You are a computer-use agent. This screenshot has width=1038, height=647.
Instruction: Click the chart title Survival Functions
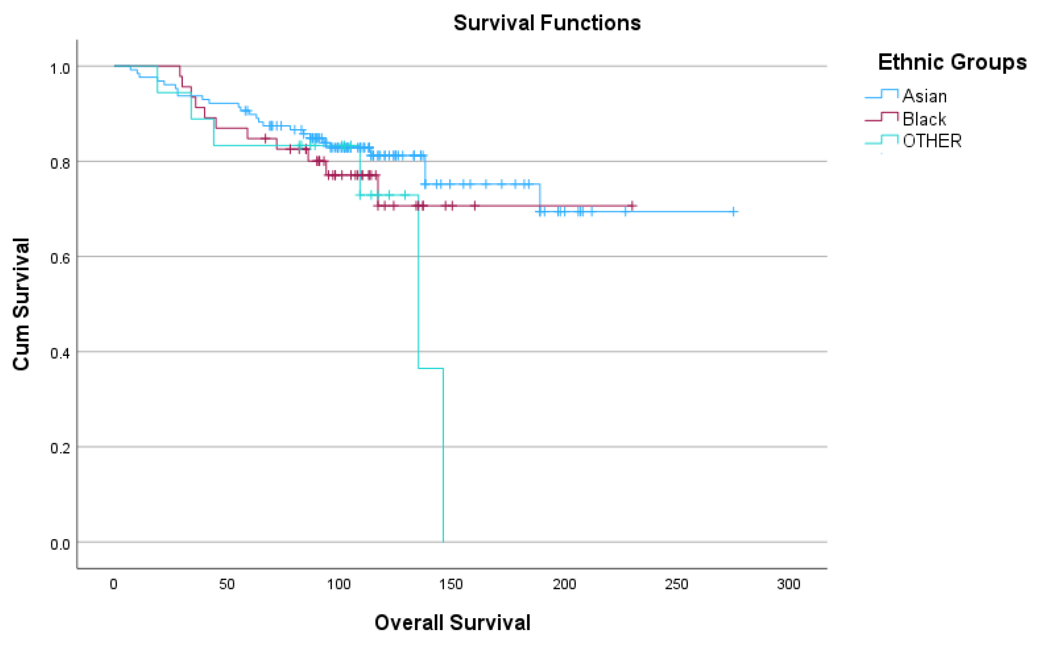pyautogui.click(x=547, y=23)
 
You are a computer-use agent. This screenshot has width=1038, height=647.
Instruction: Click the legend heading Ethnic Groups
pyautogui.click(x=952, y=62)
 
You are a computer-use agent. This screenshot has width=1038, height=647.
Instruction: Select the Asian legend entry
pyautogui.click(x=924, y=96)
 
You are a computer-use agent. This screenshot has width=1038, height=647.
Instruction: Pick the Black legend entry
pyautogui.click(x=924, y=119)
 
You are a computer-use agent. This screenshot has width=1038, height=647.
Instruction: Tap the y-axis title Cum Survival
pyautogui.click(x=21, y=304)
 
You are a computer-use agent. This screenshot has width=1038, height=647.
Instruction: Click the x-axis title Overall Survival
pyautogui.click(x=452, y=622)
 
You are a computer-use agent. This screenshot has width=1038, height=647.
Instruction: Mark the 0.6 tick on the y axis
pyautogui.click(x=60, y=258)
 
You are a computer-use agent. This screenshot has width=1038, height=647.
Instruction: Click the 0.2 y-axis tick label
pyautogui.click(x=60, y=448)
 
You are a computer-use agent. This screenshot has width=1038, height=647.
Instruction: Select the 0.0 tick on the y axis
pyautogui.click(x=60, y=544)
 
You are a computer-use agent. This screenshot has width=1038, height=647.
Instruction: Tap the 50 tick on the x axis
pyautogui.click(x=226, y=584)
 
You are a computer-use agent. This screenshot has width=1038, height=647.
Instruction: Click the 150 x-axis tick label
pyautogui.click(x=451, y=584)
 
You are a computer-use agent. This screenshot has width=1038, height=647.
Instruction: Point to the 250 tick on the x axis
pyautogui.click(x=676, y=584)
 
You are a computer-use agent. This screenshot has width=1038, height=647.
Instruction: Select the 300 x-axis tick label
pyautogui.click(x=788, y=584)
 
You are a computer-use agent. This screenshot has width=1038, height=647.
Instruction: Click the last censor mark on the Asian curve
pyautogui.click(x=734, y=211)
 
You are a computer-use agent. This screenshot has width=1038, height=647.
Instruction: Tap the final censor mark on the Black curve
pyautogui.click(x=632, y=206)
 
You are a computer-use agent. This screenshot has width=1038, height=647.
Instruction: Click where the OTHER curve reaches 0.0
pyautogui.click(x=443, y=542)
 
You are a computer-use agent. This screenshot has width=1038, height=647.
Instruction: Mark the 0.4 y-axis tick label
pyautogui.click(x=60, y=354)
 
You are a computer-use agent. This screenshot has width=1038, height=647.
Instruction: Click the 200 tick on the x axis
pyautogui.click(x=564, y=584)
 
